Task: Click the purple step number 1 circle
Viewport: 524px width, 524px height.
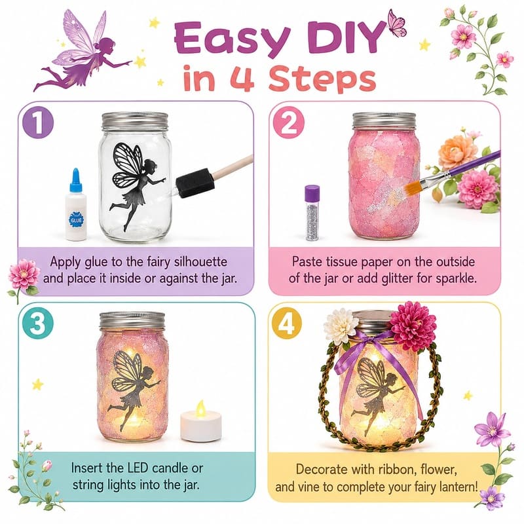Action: (38, 122)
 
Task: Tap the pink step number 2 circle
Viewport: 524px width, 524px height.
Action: (289, 122)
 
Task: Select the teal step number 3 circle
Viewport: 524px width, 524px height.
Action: (37, 323)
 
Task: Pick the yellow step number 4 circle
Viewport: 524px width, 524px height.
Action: (287, 324)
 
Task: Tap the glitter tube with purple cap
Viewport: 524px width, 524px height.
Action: (312, 213)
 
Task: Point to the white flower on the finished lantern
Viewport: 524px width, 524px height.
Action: (341, 326)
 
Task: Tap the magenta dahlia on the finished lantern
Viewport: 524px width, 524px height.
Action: (413, 325)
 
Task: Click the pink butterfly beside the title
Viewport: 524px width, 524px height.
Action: (397, 23)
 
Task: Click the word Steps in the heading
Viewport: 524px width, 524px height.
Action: (322, 79)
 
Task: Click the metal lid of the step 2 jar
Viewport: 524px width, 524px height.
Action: (384, 121)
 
